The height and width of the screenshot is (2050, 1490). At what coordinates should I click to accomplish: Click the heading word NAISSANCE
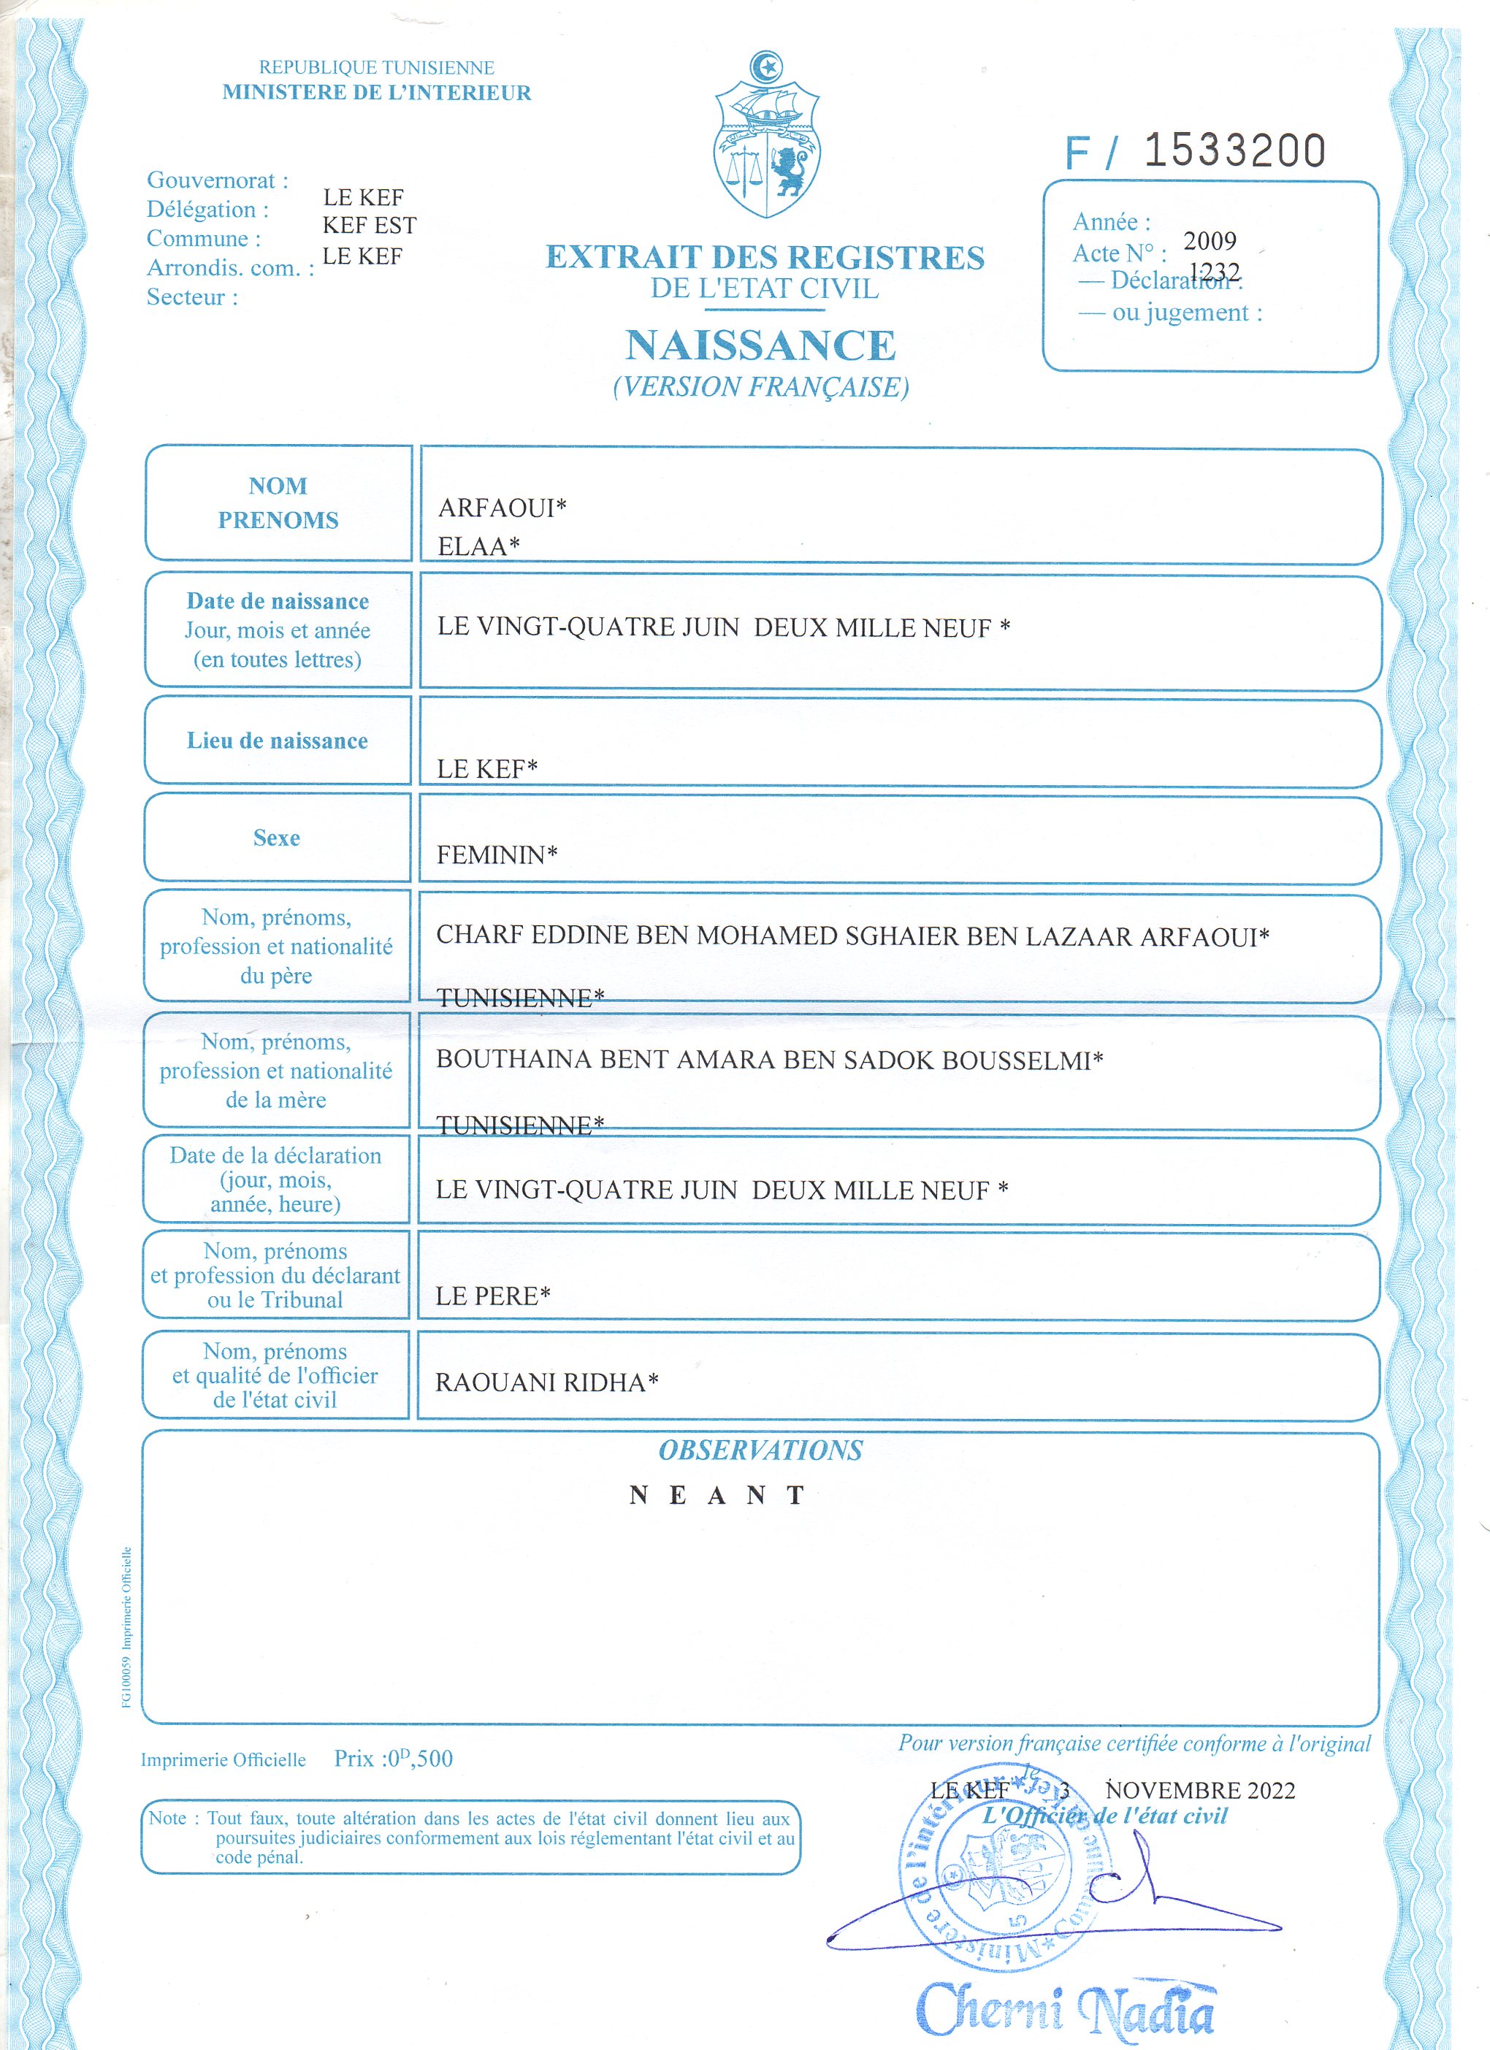[760, 345]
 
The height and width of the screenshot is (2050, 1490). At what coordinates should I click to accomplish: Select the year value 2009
[1209, 240]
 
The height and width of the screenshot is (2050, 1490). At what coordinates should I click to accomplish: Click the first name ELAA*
[478, 546]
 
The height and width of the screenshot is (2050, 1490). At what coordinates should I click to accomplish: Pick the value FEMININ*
[497, 854]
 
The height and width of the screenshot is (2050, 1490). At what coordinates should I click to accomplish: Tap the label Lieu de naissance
[278, 741]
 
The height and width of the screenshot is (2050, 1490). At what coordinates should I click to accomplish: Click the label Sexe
[277, 838]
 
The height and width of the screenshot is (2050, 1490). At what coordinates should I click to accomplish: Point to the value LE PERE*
[493, 1296]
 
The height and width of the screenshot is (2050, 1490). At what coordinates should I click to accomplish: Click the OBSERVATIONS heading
[760, 1450]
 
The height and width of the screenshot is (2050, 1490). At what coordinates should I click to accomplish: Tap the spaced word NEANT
[717, 1495]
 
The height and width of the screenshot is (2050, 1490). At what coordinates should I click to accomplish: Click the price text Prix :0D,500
[393, 1758]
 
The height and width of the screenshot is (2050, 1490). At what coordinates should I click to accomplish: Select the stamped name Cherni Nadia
[1067, 2009]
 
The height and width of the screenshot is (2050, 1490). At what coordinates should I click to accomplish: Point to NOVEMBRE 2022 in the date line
[1200, 1790]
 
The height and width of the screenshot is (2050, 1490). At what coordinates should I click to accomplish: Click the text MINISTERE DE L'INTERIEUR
[377, 92]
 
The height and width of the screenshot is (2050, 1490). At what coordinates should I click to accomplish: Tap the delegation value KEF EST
[369, 225]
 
